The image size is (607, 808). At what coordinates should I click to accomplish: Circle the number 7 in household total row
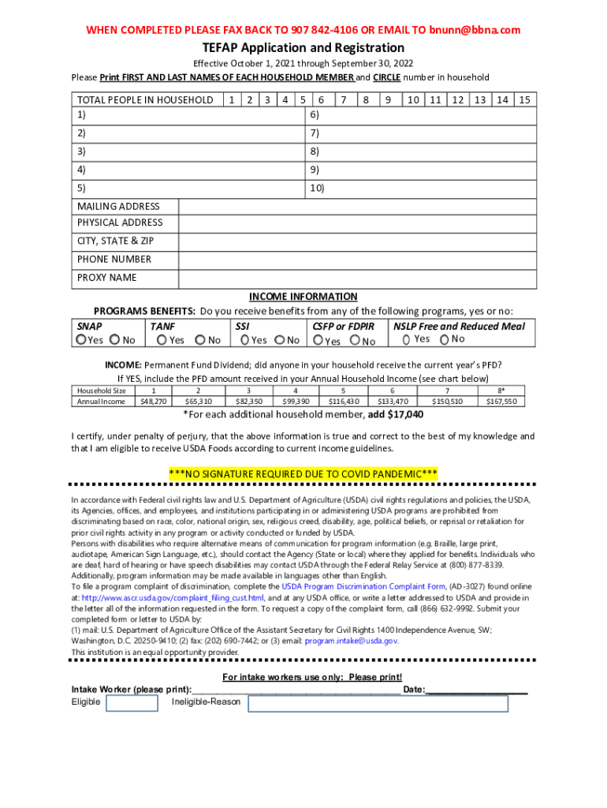(343, 100)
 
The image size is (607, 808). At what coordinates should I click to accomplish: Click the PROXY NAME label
(107, 278)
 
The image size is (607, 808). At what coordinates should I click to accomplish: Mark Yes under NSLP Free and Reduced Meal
(406, 339)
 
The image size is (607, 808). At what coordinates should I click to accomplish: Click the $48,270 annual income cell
(153, 402)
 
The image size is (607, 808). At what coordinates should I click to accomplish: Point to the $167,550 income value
(501, 402)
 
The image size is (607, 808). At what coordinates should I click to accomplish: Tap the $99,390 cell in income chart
(296, 402)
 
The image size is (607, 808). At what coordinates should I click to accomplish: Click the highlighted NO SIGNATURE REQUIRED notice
(303, 473)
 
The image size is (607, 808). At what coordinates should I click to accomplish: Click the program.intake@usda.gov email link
(351, 641)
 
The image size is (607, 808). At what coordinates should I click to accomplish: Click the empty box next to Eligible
(132, 703)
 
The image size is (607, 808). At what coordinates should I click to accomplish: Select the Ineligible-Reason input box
(378, 703)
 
